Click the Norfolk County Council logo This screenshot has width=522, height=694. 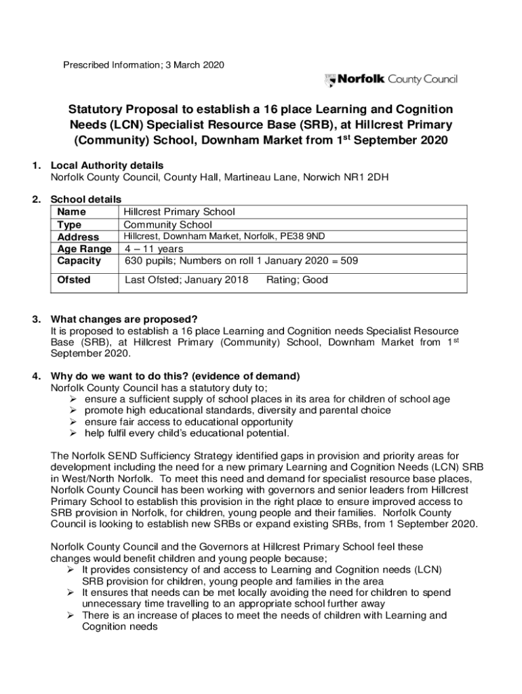tap(391, 80)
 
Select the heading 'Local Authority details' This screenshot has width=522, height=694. tap(107, 165)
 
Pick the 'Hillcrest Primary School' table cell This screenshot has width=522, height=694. tap(179, 212)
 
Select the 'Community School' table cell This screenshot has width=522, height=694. tap(167, 224)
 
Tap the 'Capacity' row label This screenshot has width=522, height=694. tap(79, 261)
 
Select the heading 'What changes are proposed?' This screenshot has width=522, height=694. tap(124, 320)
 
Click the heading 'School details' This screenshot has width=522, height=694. tap(86, 199)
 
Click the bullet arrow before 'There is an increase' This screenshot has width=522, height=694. tap(71, 615)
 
